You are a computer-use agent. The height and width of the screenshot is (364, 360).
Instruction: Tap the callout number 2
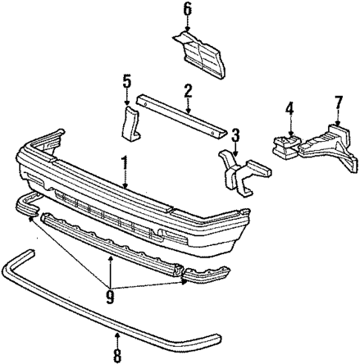pos(189,91)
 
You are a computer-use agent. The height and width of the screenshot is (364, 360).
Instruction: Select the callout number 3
pos(235,134)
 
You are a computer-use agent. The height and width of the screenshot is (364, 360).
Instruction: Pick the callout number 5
pos(127,80)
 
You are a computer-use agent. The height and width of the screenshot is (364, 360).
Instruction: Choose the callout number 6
pos(187,9)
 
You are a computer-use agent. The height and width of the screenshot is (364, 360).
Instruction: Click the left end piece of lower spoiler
pos(25,206)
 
